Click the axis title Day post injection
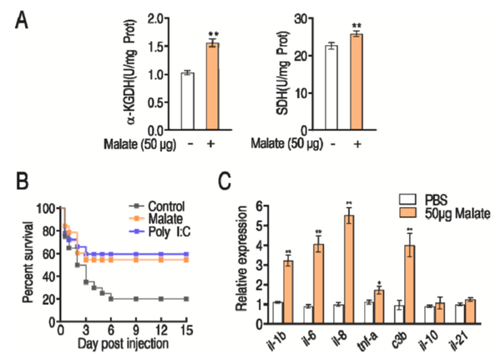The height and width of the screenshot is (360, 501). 124,345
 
